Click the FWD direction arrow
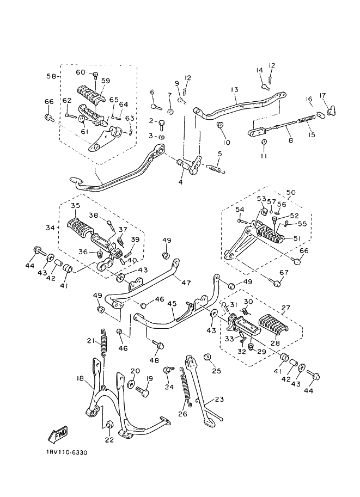tap(57, 434)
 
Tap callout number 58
tap(51, 77)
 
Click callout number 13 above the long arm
tap(234, 89)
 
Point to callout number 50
tap(291, 193)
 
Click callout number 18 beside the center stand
tap(80, 378)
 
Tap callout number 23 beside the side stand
tap(219, 399)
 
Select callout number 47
tap(186, 283)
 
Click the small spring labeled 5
tap(216, 170)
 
